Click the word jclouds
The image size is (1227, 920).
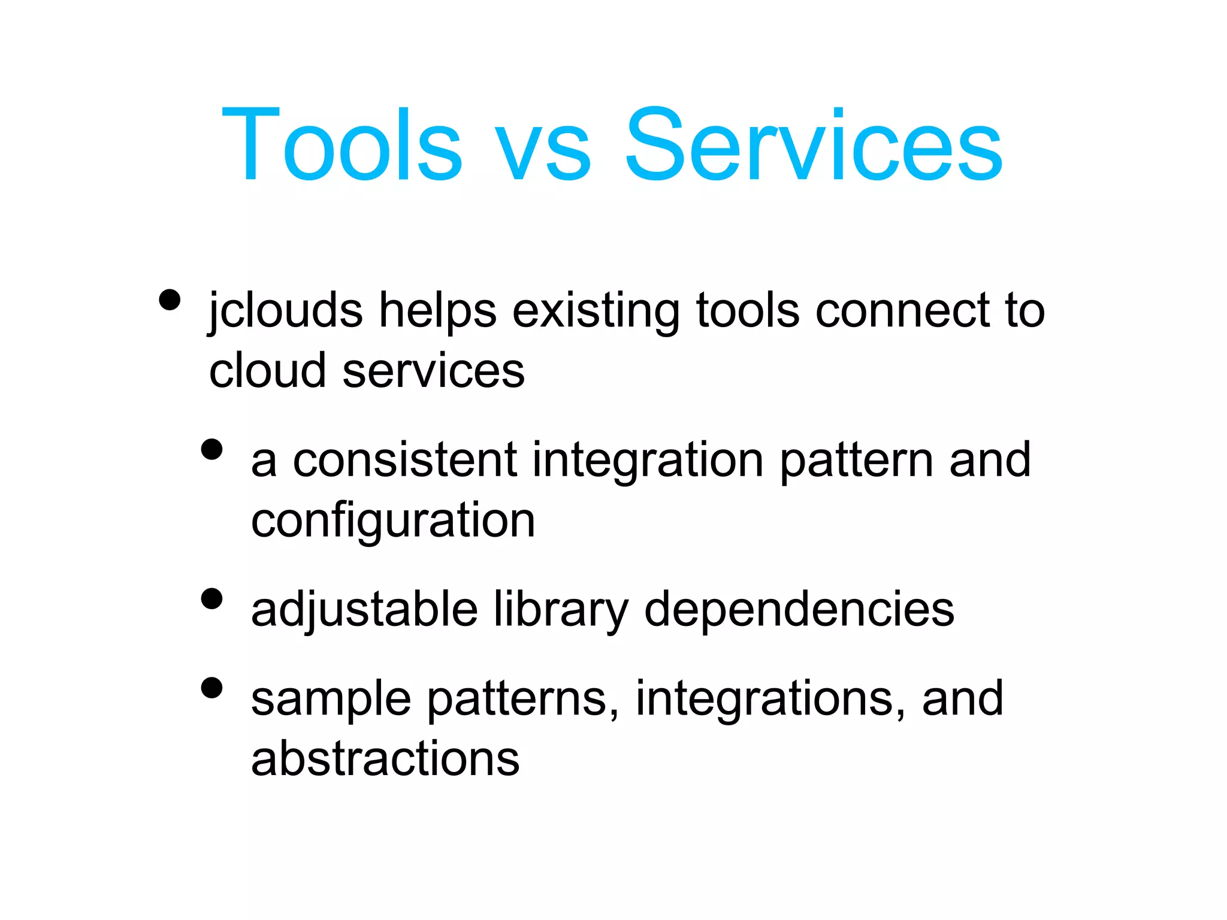(285, 311)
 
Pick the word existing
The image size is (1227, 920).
(596, 311)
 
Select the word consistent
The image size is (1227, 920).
(405, 460)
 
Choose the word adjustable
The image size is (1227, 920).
(364, 610)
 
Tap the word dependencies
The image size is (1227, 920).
(799, 610)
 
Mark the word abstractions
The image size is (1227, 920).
(385, 758)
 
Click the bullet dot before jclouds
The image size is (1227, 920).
(170, 299)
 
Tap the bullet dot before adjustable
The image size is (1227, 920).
(212, 598)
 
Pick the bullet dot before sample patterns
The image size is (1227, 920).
(212, 688)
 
